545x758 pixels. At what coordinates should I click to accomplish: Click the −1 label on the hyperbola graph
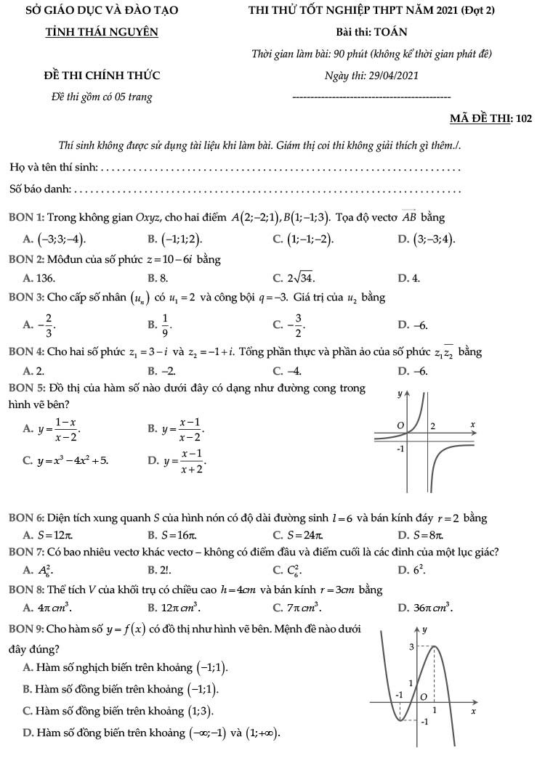click(x=399, y=449)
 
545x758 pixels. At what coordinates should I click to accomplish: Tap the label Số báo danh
click(x=40, y=189)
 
